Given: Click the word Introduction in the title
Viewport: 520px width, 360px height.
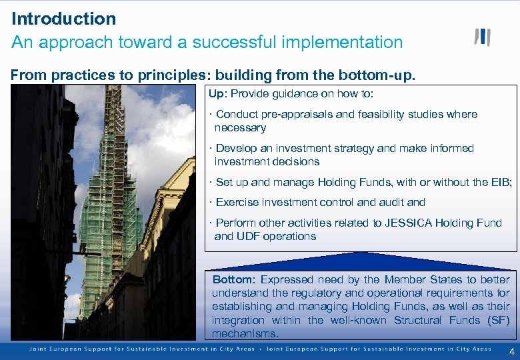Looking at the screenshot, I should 63,19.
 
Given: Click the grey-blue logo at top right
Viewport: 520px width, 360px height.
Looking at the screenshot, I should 482,37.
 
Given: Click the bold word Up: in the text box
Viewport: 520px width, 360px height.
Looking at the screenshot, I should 218,93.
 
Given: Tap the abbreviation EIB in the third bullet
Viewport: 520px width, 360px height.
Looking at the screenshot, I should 501,182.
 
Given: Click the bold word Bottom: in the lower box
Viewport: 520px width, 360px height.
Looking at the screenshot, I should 233,279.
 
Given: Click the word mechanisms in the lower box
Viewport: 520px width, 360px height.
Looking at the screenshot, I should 245,333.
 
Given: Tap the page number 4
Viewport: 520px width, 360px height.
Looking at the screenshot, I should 511,351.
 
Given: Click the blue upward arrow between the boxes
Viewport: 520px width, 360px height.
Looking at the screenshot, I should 360,260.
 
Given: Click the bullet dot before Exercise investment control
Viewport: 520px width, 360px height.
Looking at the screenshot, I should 210,202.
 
